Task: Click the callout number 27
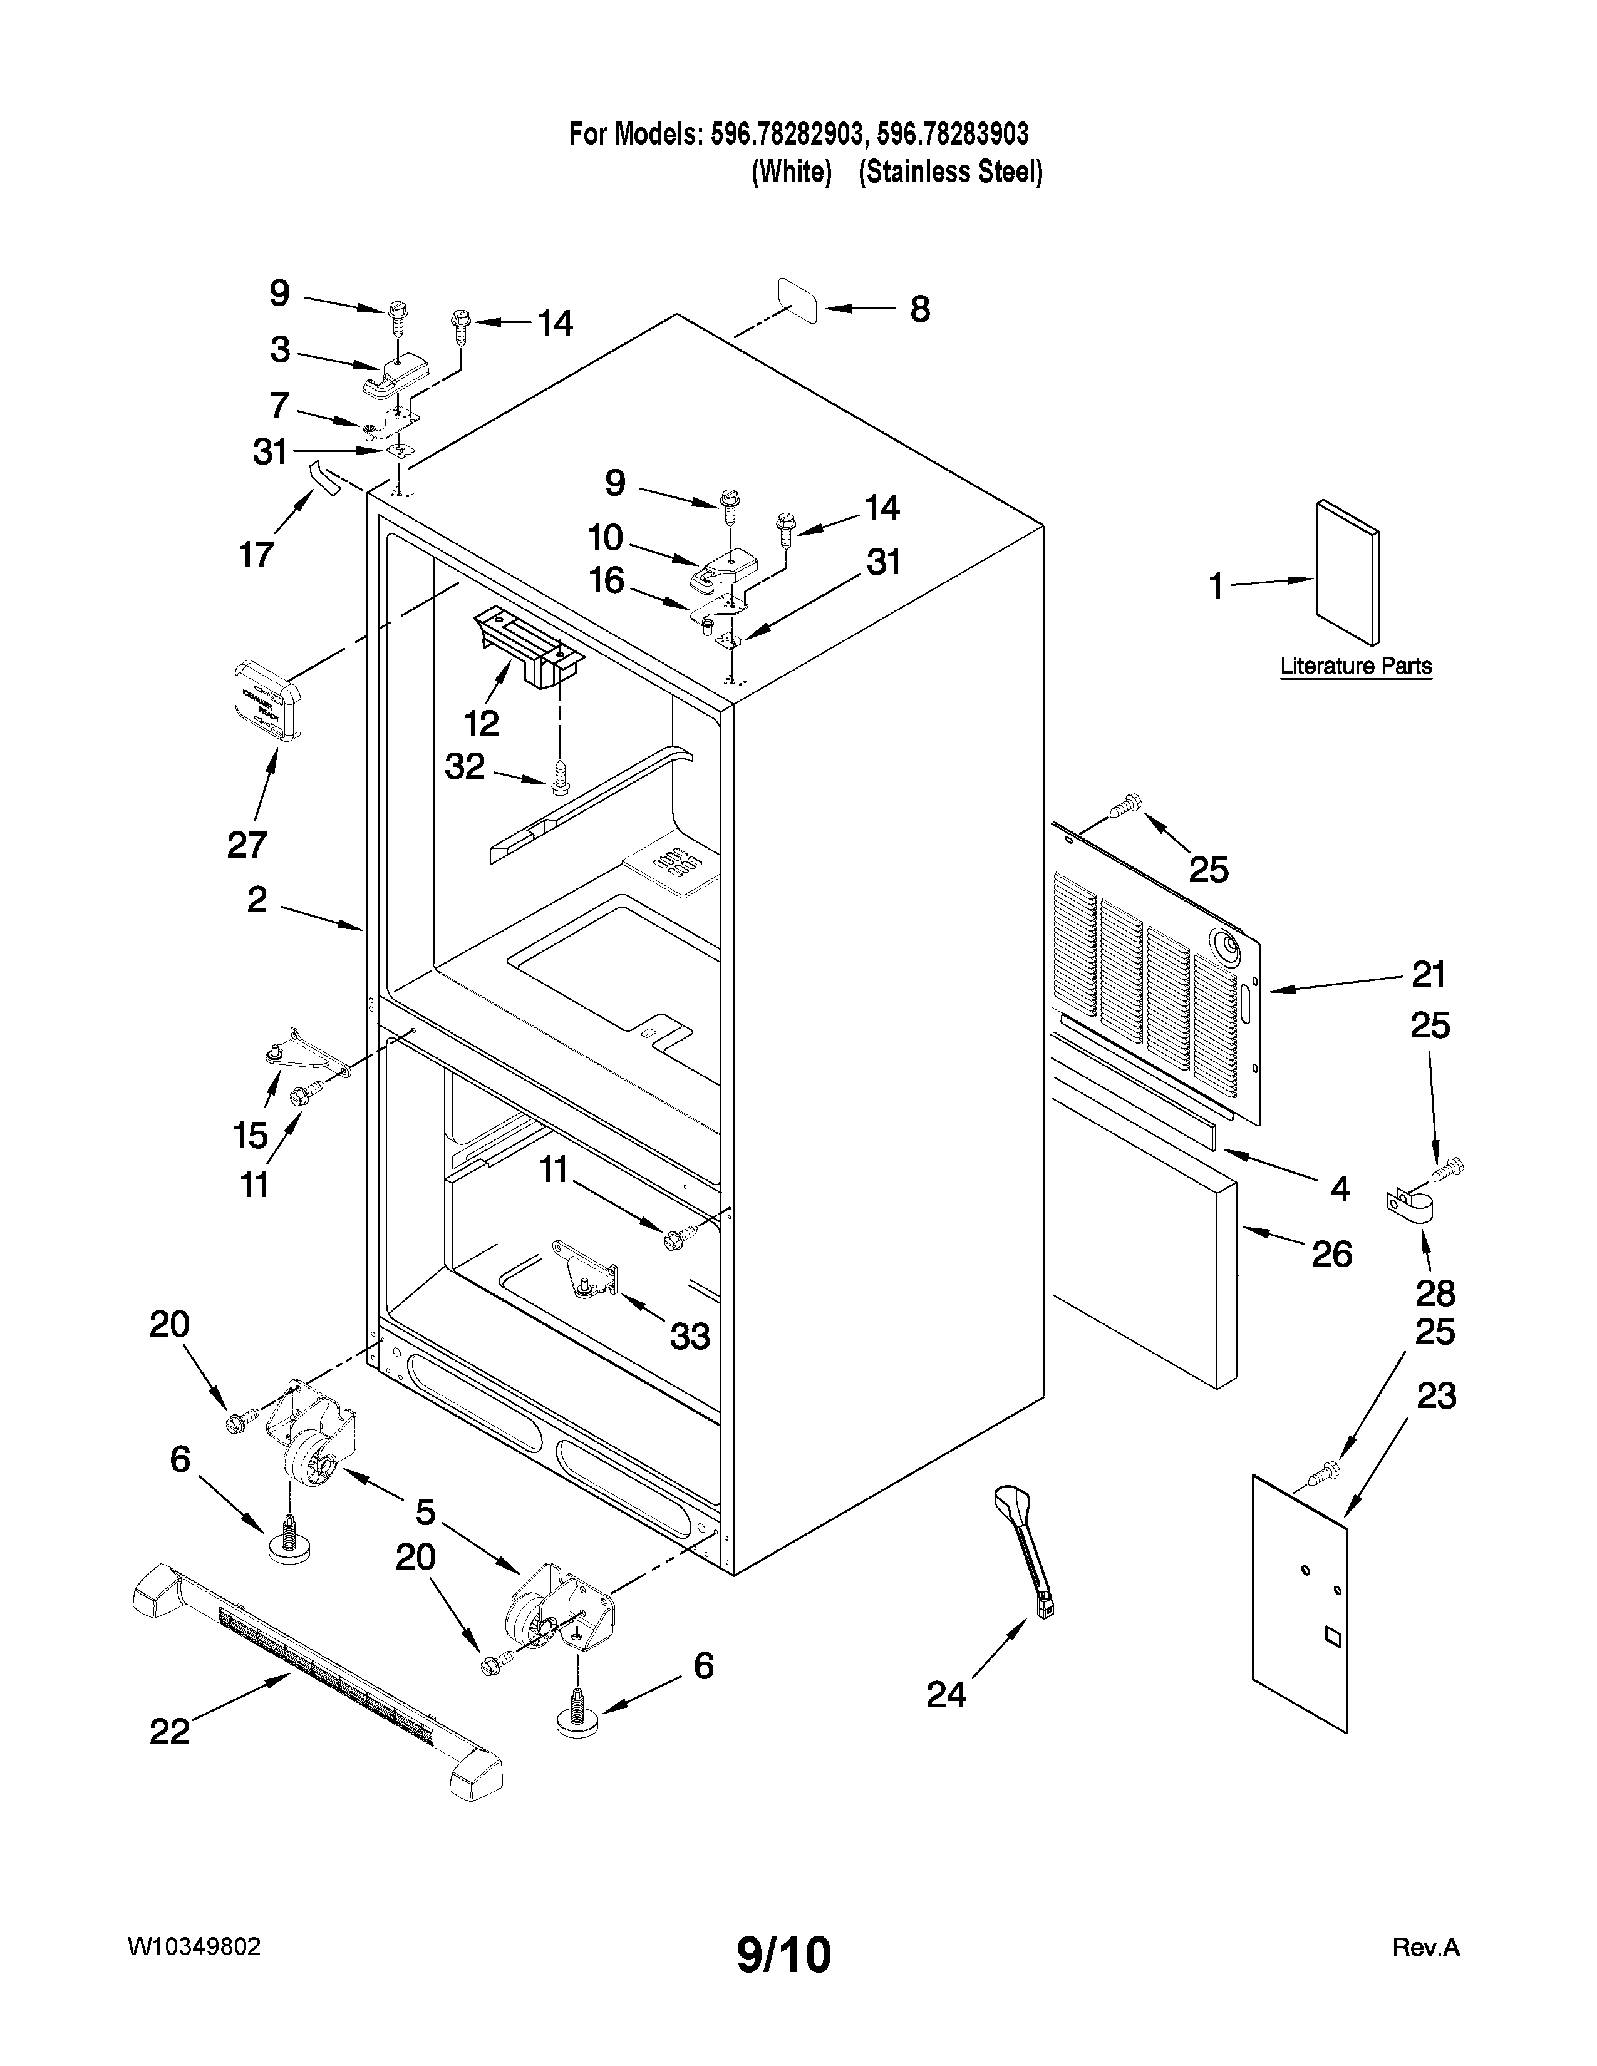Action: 247,844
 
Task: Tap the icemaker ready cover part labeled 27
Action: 266,700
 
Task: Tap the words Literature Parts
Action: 1356,666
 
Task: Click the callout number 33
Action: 690,1336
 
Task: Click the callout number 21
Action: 1429,974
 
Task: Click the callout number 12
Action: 482,724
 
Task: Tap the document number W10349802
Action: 194,1948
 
